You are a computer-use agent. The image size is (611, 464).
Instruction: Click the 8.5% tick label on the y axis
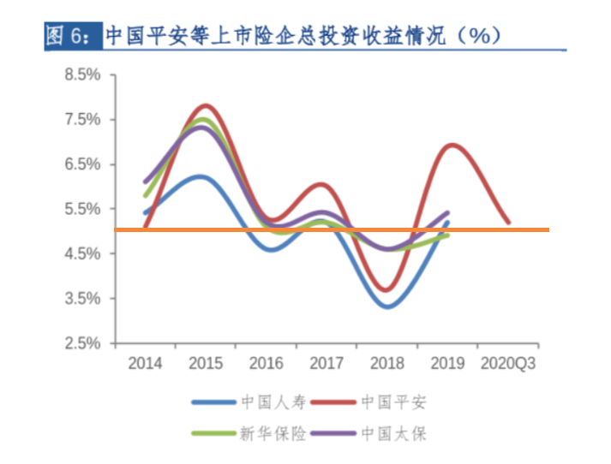click(x=82, y=74)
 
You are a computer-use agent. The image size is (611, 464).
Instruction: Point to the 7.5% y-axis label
click(x=82, y=119)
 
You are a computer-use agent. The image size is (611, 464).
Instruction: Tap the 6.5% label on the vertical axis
click(x=82, y=164)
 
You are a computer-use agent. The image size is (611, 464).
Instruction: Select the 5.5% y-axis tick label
click(x=82, y=209)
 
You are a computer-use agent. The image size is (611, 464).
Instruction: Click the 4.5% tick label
click(x=82, y=253)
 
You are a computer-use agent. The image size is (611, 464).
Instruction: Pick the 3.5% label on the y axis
click(x=82, y=299)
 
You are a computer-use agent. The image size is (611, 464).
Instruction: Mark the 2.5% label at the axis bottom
click(x=82, y=343)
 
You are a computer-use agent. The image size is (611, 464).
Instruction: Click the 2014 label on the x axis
click(x=145, y=364)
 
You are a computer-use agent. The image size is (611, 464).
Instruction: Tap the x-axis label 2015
click(x=206, y=364)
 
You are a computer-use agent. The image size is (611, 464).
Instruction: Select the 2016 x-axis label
click(x=267, y=364)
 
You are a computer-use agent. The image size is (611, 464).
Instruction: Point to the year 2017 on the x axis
click(x=326, y=364)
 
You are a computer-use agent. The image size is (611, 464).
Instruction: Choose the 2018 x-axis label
click(x=387, y=364)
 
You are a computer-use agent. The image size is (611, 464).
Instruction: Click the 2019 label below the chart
click(x=447, y=364)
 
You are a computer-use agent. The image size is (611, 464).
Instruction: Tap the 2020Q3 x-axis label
click(x=508, y=364)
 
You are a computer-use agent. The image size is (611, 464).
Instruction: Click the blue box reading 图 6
click(x=73, y=36)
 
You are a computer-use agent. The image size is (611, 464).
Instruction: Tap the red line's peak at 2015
click(x=206, y=105)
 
